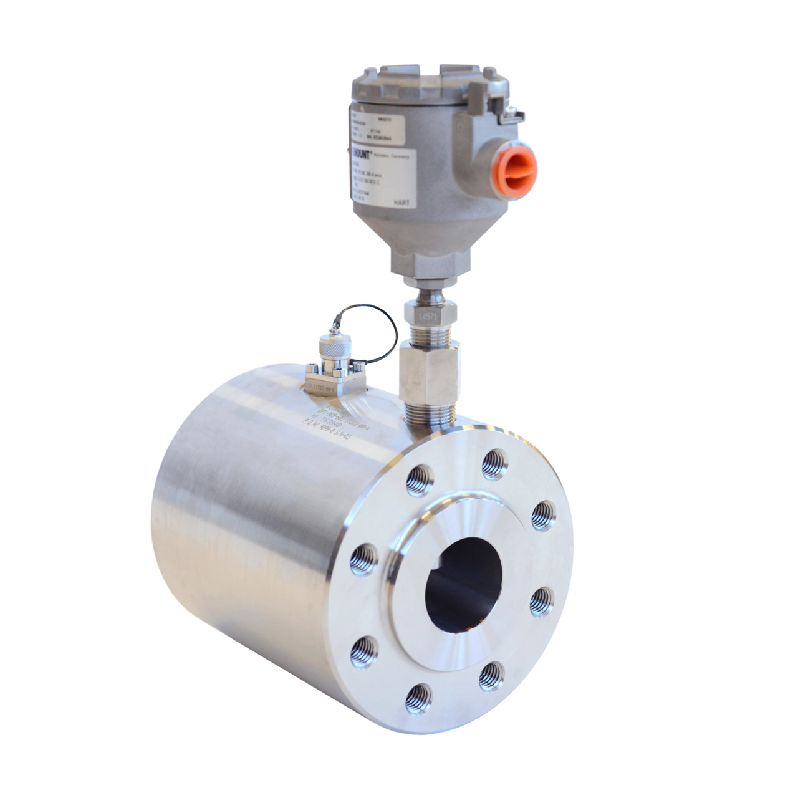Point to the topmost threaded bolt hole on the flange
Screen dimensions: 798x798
pos(494,464)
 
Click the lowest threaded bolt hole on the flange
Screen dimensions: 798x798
pos(417,698)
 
